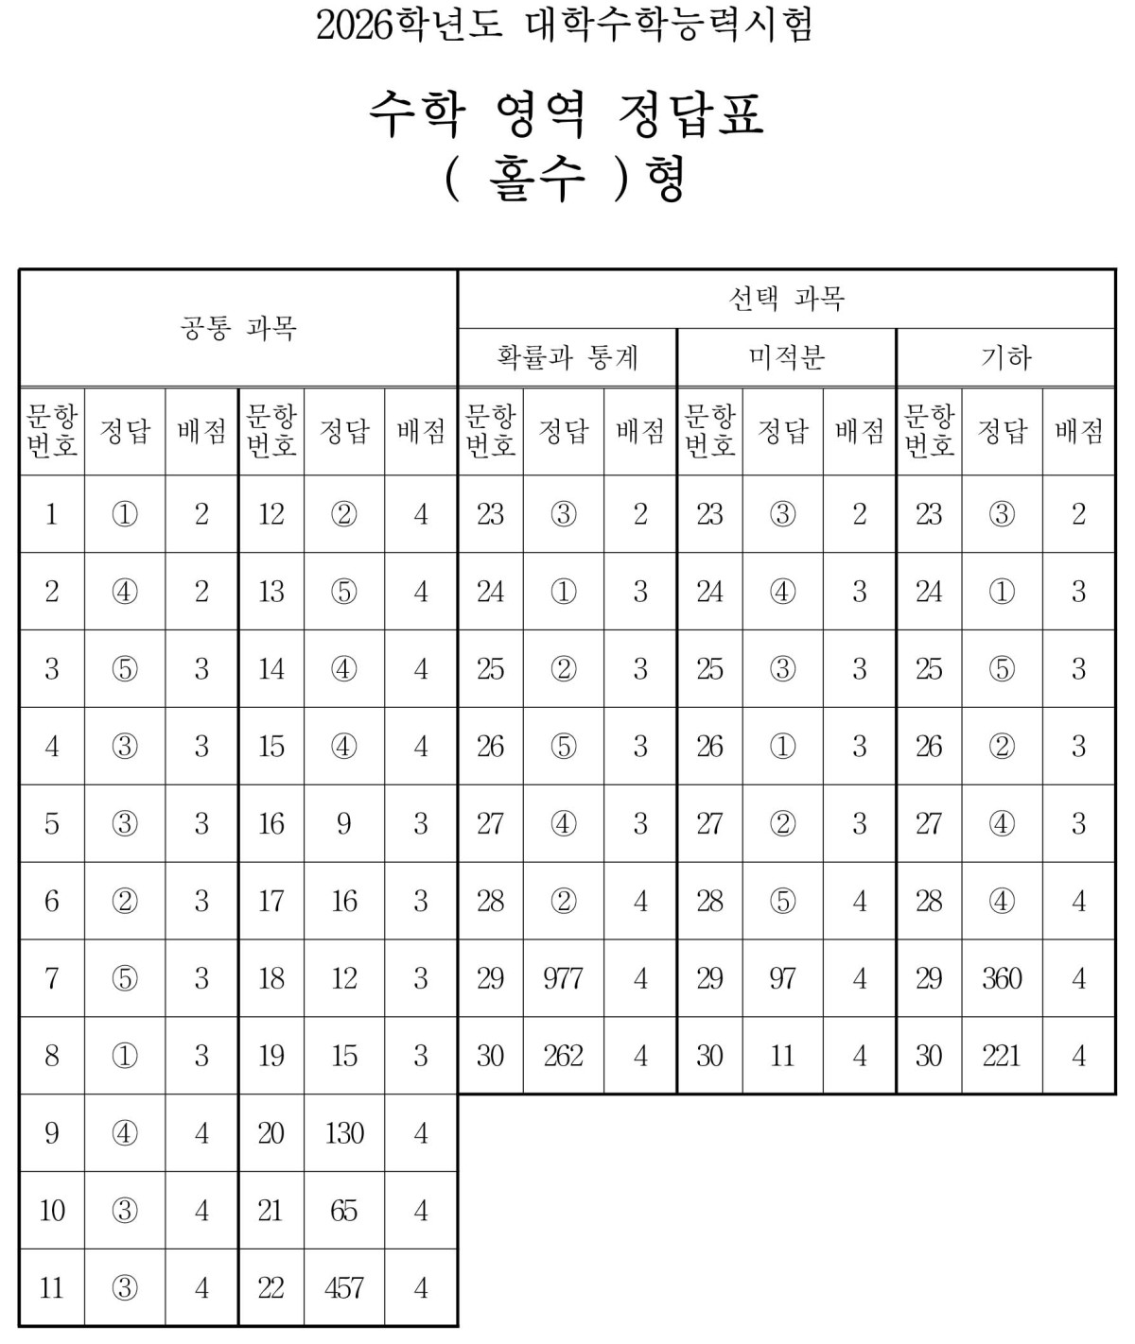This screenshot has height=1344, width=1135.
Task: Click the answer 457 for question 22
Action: click(343, 1287)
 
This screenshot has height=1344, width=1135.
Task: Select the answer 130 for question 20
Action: click(343, 1133)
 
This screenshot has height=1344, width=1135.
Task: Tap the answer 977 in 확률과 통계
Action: click(563, 978)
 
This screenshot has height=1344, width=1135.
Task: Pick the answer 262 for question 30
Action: click(563, 1056)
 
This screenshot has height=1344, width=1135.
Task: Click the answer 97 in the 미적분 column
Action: click(782, 978)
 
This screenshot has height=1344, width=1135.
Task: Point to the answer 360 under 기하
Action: click(1002, 978)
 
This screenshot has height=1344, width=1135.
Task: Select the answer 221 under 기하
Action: click(1002, 1056)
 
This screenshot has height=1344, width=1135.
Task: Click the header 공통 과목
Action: click(238, 328)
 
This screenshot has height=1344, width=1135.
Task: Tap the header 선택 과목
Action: click(786, 299)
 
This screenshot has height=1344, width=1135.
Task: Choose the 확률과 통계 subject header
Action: click(567, 357)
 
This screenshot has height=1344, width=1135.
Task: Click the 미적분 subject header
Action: click(786, 357)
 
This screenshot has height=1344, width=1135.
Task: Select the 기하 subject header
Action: click(1005, 357)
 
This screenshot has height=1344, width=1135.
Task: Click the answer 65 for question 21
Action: click(343, 1210)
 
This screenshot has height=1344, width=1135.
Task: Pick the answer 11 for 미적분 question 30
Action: click(782, 1056)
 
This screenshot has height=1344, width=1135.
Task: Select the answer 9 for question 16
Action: click(343, 823)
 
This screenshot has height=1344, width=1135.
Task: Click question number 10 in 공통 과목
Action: click(52, 1210)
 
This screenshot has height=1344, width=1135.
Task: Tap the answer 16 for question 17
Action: click(343, 901)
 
